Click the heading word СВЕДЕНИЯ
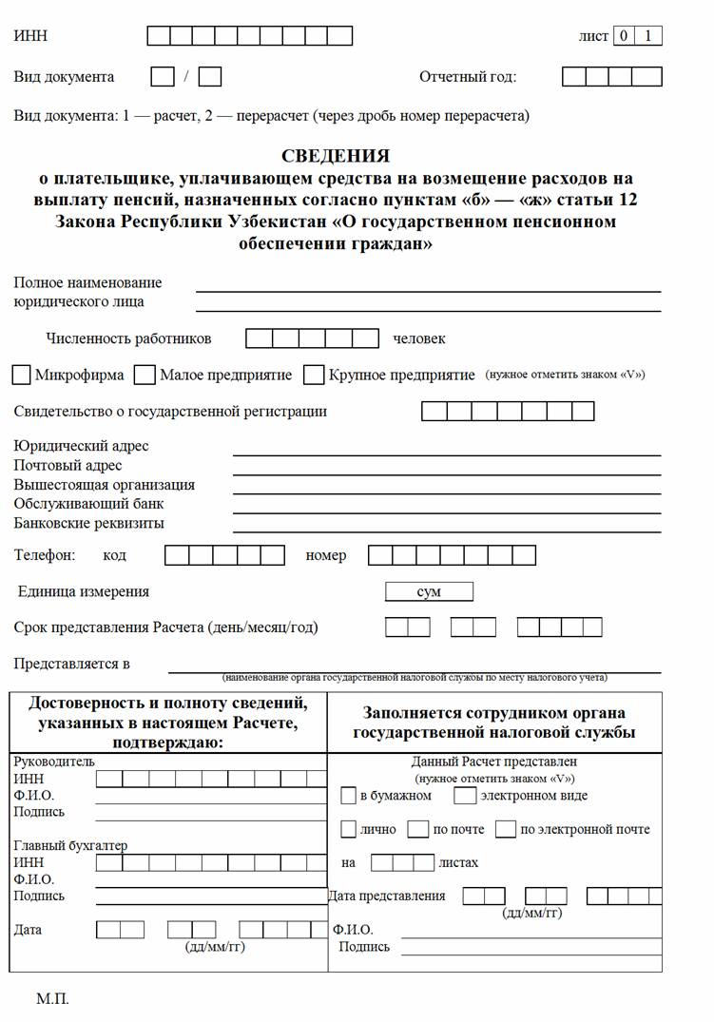pyautogui.click(x=336, y=156)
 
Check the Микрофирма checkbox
pyautogui.click(x=22, y=376)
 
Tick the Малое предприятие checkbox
pyautogui.click(x=145, y=376)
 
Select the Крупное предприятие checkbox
pyautogui.click(x=314, y=376)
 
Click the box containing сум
pyautogui.click(x=429, y=591)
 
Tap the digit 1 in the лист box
pyautogui.click(x=649, y=36)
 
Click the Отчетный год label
pyautogui.click(x=468, y=77)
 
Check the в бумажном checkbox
pyautogui.click(x=348, y=795)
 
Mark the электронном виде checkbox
pyautogui.click(x=465, y=795)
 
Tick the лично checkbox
pyautogui.click(x=348, y=829)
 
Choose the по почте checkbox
pyautogui.click(x=417, y=829)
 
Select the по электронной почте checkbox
pyautogui.click(x=505, y=829)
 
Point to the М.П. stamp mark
pyautogui.click(x=52, y=999)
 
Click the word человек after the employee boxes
pyautogui.click(x=419, y=338)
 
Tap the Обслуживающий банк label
pyautogui.click(x=88, y=504)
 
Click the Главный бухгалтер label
pyautogui.click(x=70, y=845)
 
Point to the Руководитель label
pyautogui.click(x=54, y=762)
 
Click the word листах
pyautogui.click(x=458, y=863)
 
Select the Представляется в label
pyautogui.click(x=72, y=664)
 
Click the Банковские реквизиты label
pyautogui.click(x=89, y=523)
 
